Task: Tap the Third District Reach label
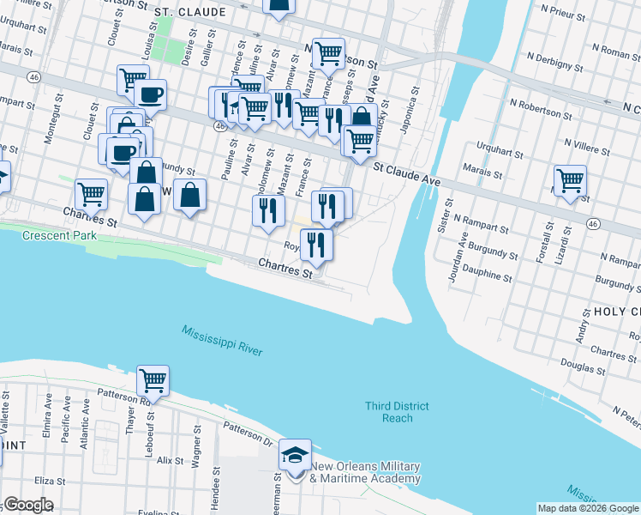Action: click(397, 412)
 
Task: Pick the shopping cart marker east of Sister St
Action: click(570, 181)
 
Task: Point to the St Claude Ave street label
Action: click(406, 180)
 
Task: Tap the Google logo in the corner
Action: click(28, 504)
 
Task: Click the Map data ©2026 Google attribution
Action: click(588, 508)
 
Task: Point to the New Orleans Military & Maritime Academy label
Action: click(366, 473)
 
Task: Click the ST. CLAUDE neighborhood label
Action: click(189, 13)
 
